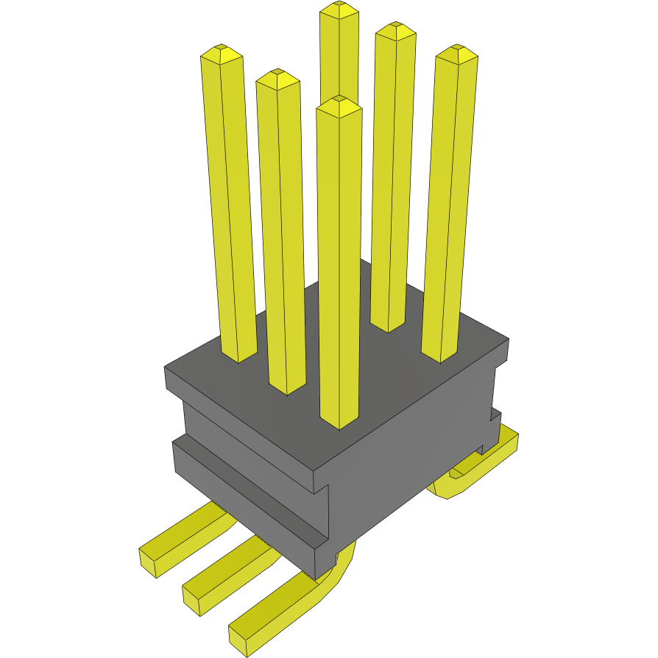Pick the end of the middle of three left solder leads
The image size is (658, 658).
click(193, 597)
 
